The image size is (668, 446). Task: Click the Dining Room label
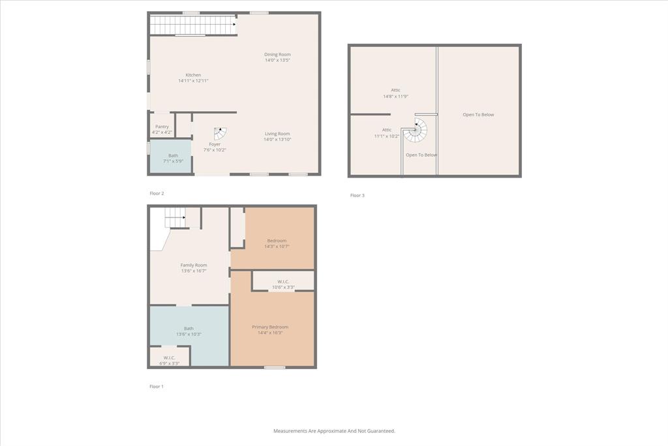(277, 54)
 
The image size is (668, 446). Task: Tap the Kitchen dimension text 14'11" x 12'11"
(193, 81)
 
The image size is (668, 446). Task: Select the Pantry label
(162, 127)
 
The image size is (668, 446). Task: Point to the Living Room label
(277, 134)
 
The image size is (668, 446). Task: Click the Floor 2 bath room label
(173, 155)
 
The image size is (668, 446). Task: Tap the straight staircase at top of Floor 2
(193, 25)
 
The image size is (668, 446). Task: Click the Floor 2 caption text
(157, 194)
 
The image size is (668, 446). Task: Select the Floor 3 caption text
(357, 195)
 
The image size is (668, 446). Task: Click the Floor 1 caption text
(157, 387)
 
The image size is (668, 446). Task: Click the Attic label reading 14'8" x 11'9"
(395, 90)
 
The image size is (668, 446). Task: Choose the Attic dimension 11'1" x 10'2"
(387, 136)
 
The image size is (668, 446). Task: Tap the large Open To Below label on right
(478, 115)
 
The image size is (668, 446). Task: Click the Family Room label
(194, 265)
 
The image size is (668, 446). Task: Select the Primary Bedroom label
(270, 327)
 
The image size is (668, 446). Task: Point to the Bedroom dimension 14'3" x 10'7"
(277, 247)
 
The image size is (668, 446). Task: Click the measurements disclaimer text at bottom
(334, 431)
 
